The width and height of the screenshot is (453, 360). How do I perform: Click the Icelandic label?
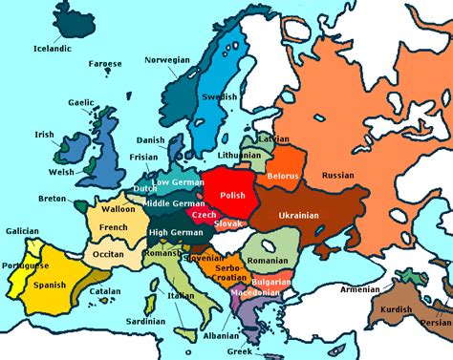[x=52, y=48]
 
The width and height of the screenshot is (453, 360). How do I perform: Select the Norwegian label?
[x=167, y=59]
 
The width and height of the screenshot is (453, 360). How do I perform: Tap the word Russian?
[x=337, y=176]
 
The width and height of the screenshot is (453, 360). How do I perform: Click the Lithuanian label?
[x=239, y=155]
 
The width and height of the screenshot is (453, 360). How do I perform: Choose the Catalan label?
[x=104, y=291]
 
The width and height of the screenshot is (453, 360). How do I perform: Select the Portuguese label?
[x=24, y=265]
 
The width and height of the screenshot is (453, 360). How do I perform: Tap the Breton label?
[x=54, y=199]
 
